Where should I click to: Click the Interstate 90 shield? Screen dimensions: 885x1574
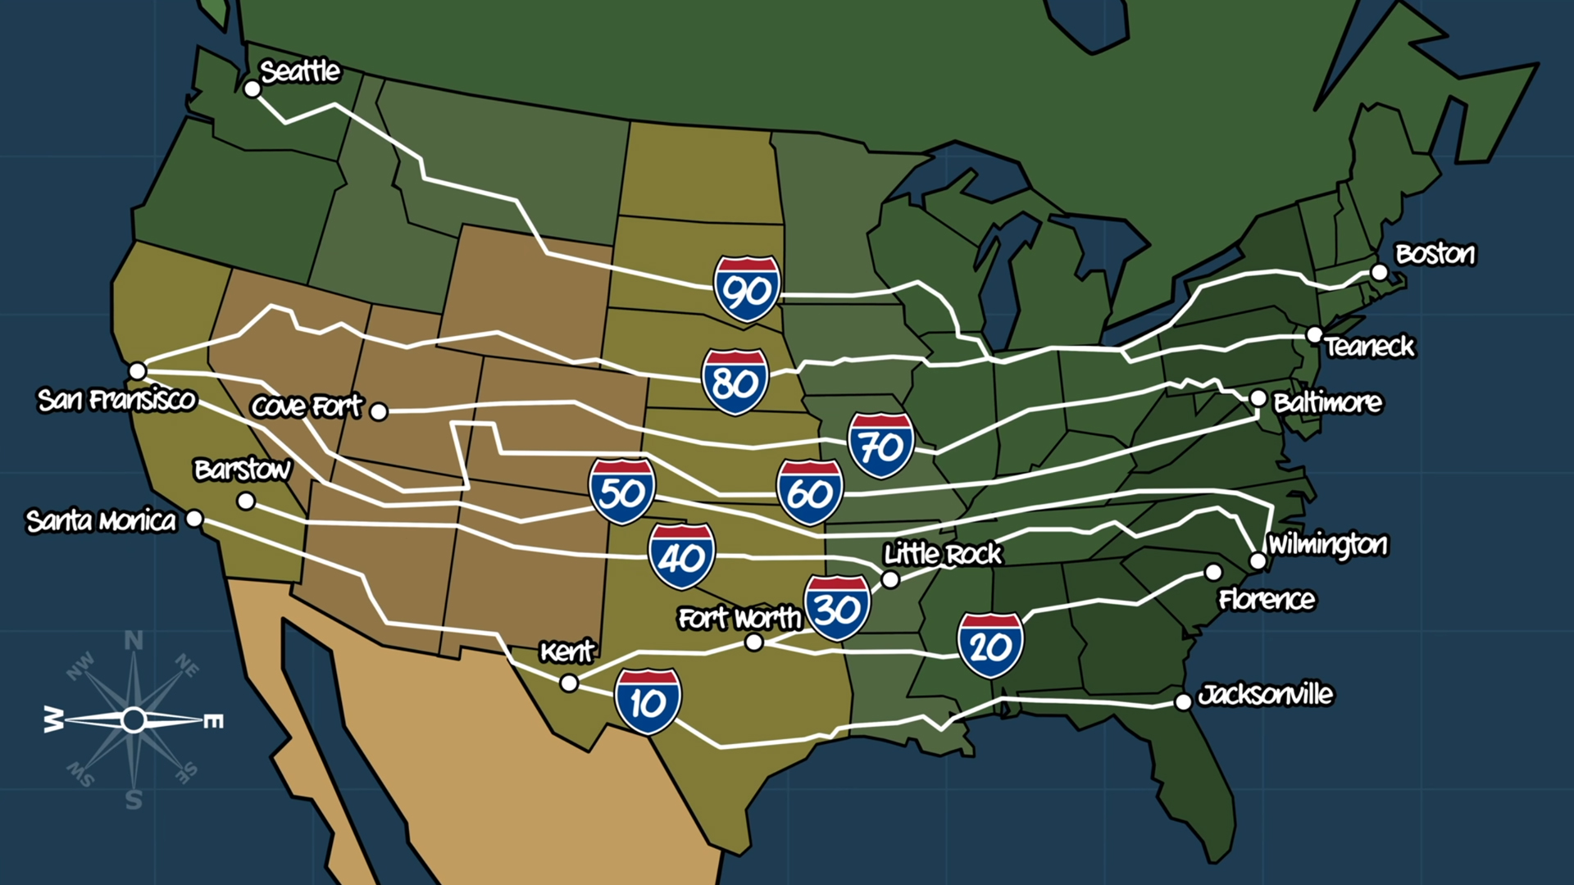746,288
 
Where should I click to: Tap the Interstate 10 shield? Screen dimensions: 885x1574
648,701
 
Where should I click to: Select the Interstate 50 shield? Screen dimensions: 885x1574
621,492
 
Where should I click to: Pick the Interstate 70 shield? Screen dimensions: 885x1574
880,446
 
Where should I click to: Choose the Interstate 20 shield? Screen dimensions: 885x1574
990,646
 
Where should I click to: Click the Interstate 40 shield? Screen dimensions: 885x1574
681,557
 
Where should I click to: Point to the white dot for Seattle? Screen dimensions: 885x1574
252,88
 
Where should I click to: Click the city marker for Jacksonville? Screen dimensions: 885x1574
1183,701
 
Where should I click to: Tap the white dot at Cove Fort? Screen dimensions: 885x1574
378,411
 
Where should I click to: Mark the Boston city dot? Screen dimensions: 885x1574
1380,272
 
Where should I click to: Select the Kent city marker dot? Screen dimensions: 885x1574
569,683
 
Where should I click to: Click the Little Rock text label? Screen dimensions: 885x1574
943,555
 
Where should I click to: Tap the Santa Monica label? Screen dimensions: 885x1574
101,521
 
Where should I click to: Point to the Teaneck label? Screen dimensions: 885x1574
1369,347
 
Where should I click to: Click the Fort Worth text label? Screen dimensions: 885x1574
739,618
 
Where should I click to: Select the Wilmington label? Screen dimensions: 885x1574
1327,544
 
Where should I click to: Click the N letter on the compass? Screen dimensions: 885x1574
134,641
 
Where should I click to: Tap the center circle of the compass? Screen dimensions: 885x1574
134,720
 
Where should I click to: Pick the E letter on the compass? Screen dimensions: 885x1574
213,721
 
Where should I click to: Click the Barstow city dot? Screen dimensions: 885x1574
245,501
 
